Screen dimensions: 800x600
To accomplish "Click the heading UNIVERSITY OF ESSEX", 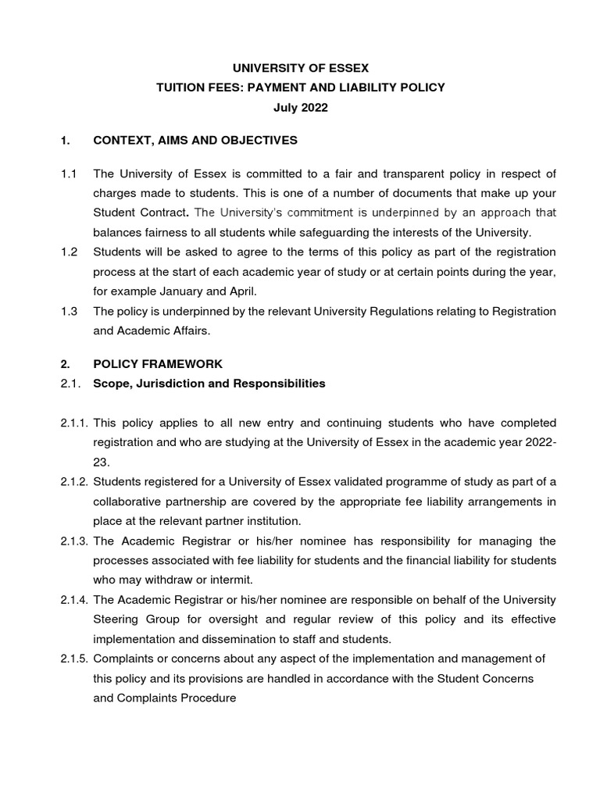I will [x=300, y=68].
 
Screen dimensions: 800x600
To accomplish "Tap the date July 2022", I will [x=300, y=108].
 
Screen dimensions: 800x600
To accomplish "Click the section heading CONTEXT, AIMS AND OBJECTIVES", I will [x=195, y=141].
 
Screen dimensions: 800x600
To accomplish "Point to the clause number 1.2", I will [x=69, y=252].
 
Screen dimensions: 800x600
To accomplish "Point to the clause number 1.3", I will [x=69, y=311].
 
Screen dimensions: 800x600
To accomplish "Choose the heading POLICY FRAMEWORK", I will [x=158, y=364].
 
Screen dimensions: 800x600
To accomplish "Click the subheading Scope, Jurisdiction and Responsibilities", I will [x=209, y=384].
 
